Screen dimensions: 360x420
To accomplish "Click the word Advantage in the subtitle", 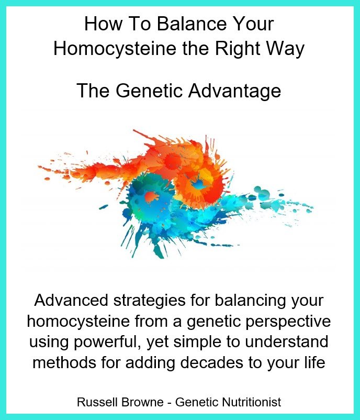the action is tap(234, 91).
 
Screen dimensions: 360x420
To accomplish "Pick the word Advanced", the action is tap(72, 300).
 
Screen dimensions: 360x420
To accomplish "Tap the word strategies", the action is tap(150, 301).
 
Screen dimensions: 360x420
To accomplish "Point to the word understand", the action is tap(286, 342).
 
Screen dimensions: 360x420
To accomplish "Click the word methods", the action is tap(64, 363).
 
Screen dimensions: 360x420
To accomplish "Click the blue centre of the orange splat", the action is tap(198, 184).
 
